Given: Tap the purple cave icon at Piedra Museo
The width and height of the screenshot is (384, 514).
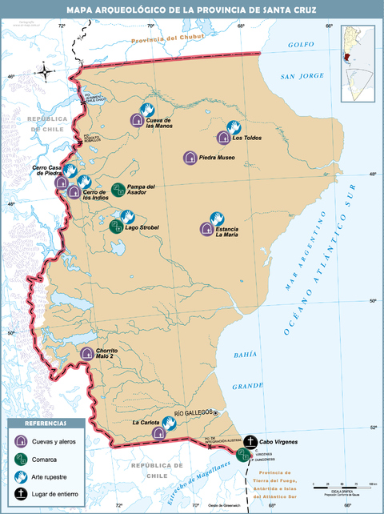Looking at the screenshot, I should (190, 158).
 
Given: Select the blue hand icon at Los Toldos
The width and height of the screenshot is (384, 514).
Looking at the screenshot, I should (234, 126).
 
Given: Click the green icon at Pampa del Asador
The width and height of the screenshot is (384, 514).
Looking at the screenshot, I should (118, 190).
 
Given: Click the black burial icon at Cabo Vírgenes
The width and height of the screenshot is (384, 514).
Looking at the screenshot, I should (250, 441).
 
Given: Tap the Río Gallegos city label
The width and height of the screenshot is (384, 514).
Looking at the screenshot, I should (191, 412).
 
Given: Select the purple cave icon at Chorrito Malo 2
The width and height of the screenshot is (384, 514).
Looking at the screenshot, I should (87, 353).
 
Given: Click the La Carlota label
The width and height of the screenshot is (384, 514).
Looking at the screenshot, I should (146, 422).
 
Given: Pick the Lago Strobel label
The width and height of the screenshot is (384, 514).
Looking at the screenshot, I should (142, 227).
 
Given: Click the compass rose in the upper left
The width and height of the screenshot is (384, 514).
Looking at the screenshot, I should (45, 73).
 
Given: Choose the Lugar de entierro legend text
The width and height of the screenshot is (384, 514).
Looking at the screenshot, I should (58, 494).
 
